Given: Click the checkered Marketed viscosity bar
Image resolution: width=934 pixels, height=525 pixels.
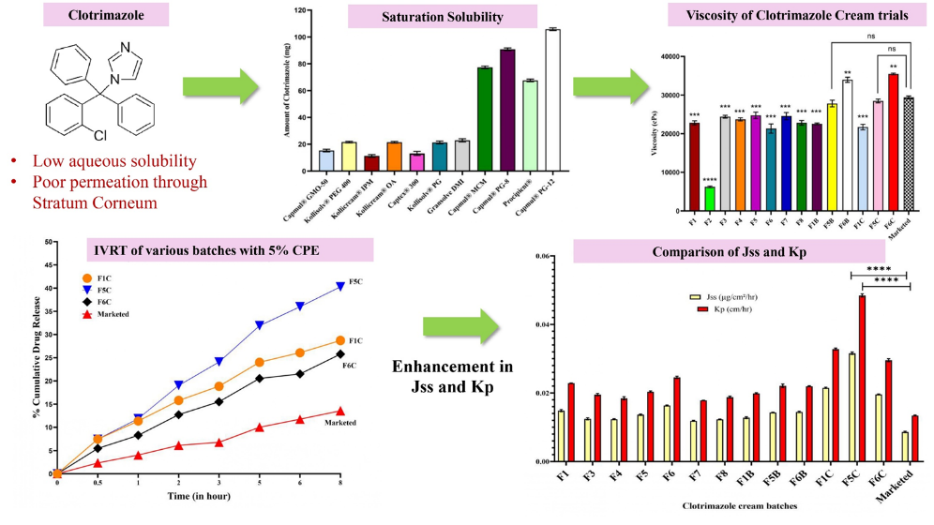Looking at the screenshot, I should (x=908, y=155).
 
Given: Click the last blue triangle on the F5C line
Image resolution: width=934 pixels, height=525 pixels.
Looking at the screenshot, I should (x=339, y=287).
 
